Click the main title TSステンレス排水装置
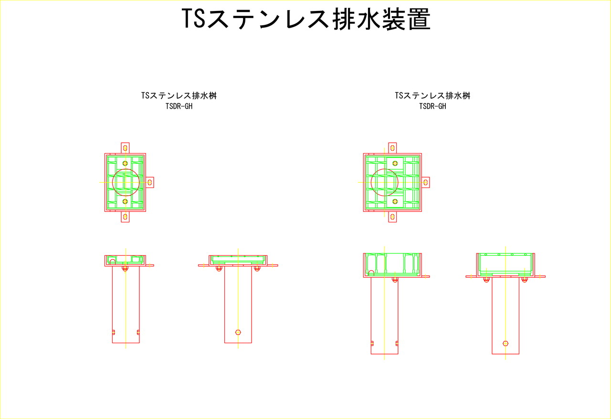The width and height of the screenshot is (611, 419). [306, 19]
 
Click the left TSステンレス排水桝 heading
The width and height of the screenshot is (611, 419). [179, 95]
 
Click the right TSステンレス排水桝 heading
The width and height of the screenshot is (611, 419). [432, 95]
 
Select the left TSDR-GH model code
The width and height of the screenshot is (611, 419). [179, 106]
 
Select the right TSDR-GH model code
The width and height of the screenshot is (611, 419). [432, 106]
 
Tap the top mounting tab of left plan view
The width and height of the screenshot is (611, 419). [125, 148]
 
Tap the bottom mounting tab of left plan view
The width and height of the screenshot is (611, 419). [125, 217]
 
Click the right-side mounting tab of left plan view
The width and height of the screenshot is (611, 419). [150, 182]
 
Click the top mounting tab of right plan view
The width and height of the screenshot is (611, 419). [392, 148]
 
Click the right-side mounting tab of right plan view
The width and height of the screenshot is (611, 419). [425, 182]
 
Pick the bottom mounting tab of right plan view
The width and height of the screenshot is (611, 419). [392, 217]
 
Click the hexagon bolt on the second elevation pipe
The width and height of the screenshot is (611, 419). [238, 332]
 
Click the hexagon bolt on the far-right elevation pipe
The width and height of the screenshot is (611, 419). [506, 343]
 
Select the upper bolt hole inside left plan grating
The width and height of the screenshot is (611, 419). [125, 163]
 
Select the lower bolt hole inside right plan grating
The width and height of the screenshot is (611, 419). [395, 201]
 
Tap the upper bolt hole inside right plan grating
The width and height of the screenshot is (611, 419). [395, 163]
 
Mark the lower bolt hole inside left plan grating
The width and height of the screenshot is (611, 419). [125, 201]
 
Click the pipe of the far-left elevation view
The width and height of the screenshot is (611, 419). [126, 304]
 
